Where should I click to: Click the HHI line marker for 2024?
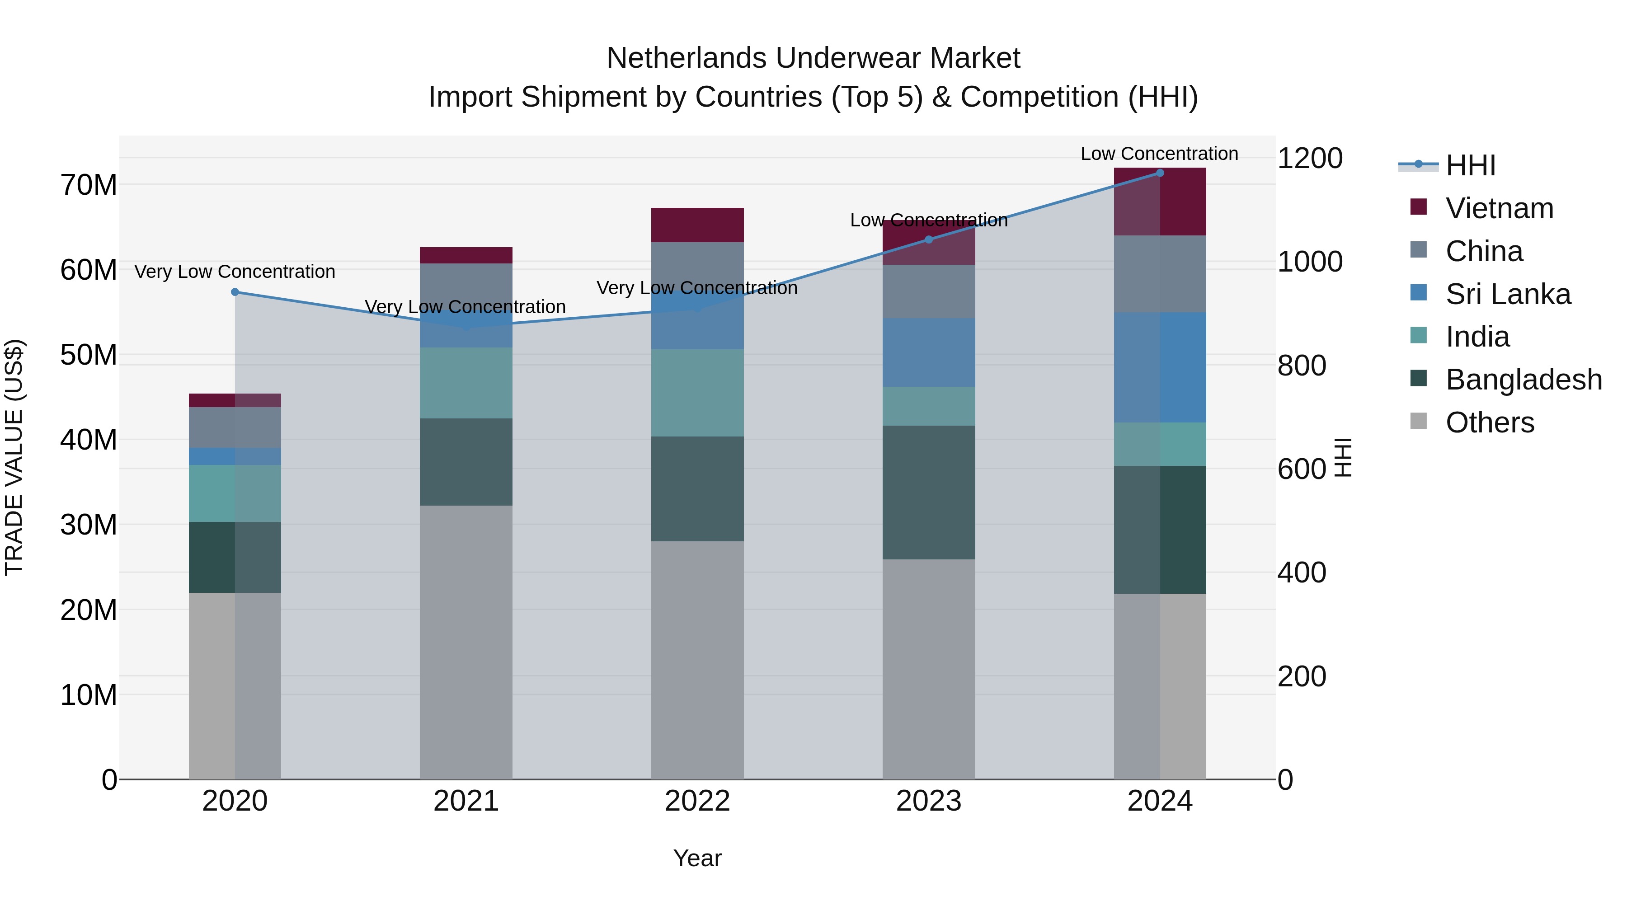point(1160,173)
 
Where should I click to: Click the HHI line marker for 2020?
point(235,292)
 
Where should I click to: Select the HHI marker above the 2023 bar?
point(928,239)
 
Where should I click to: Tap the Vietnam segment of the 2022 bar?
point(697,225)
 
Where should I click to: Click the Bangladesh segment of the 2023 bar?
point(928,492)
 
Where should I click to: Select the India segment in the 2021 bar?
point(466,383)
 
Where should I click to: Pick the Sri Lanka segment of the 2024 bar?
point(1160,367)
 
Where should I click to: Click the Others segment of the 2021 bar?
point(466,642)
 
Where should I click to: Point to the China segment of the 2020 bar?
point(235,427)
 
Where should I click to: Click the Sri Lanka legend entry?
point(1508,294)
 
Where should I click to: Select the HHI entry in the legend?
point(1470,165)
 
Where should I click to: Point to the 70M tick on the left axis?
point(89,185)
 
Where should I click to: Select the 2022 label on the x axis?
point(697,801)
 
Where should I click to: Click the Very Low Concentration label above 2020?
point(235,272)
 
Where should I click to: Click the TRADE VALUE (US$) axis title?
point(14,457)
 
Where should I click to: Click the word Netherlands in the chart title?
point(687,58)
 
